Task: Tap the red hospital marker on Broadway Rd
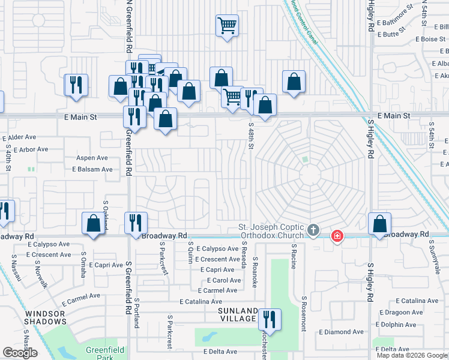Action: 337,235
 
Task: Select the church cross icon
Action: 313,230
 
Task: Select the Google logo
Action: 20,353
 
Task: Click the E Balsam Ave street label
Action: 92,169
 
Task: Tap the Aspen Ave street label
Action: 91,158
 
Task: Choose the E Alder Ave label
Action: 20,138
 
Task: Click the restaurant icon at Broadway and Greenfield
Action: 135,223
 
